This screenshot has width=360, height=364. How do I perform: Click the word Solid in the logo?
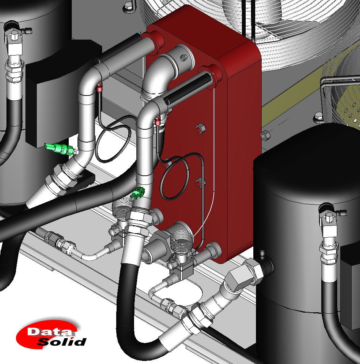62,342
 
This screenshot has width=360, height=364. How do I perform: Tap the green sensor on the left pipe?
60,149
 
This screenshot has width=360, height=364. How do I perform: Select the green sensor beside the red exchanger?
137,193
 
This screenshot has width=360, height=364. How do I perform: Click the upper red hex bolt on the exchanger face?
200,129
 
